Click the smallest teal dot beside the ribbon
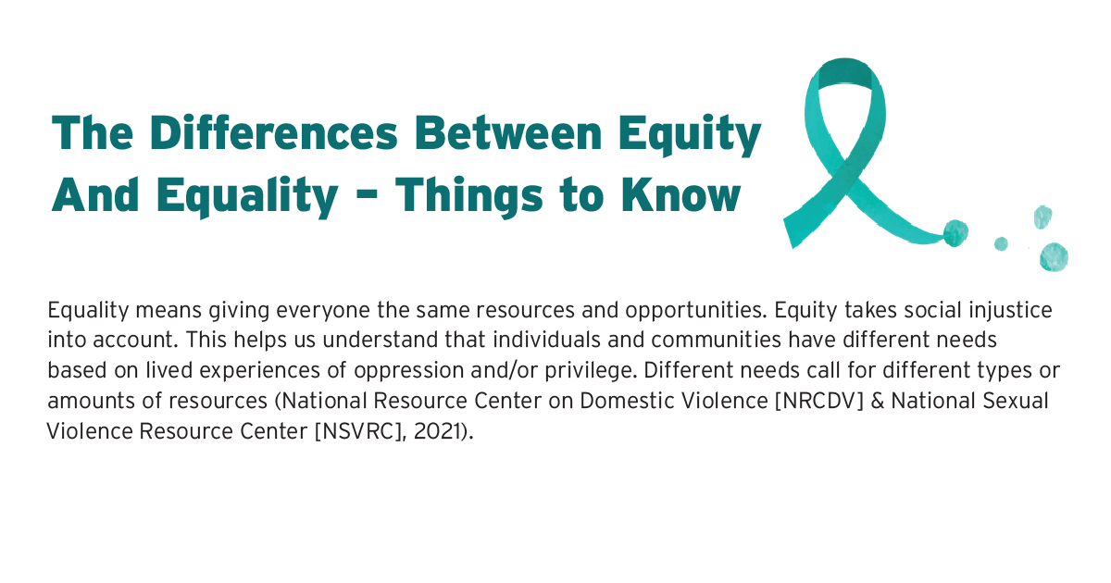click(1000, 244)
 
